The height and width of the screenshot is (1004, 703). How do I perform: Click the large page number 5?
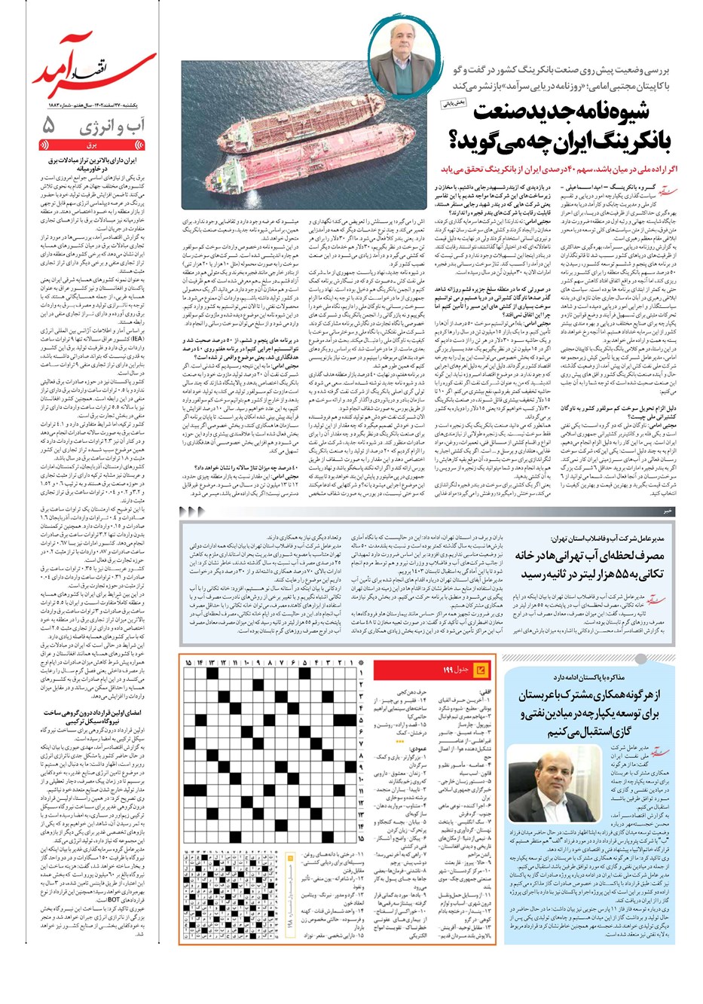[47, 124]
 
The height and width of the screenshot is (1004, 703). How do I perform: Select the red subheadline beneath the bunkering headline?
[557, 170]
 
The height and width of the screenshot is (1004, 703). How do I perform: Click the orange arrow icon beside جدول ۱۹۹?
[481, 669]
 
